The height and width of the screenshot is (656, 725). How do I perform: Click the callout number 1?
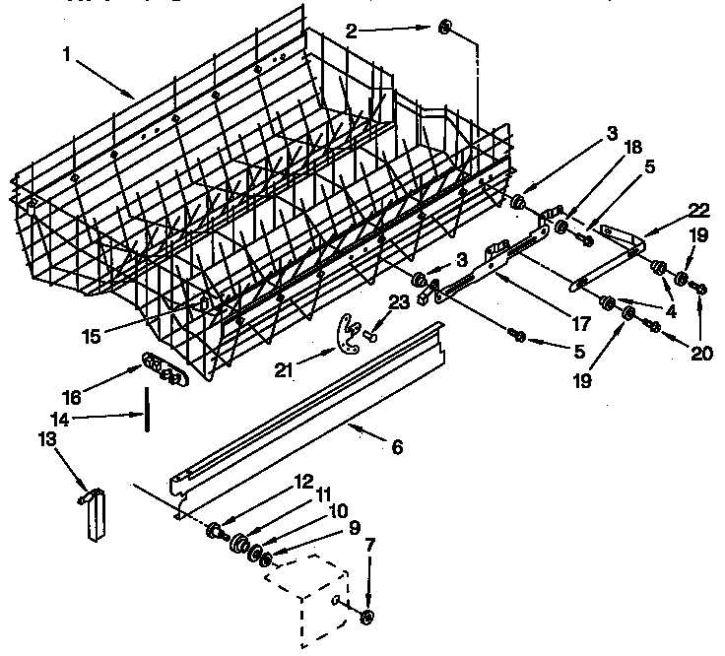[x=66, y=56]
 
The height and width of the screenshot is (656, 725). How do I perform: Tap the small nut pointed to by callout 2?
[x=444, y=28]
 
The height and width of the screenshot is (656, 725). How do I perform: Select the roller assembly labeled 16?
[x=163, y=369]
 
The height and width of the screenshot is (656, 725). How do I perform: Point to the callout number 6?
[x=396, y=446]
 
